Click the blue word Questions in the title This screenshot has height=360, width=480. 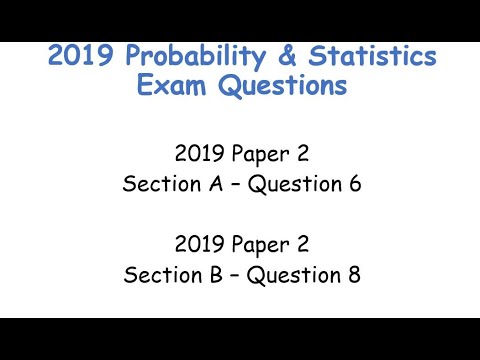click(x=282, y=87)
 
